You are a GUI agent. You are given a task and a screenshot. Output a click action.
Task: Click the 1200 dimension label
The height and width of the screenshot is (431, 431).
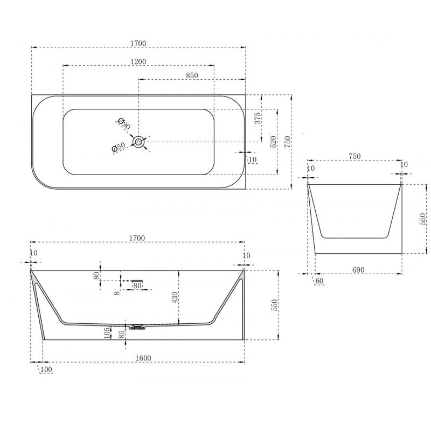click(138, 61)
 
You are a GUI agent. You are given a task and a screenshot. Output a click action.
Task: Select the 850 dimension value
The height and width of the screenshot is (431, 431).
click(192, 75)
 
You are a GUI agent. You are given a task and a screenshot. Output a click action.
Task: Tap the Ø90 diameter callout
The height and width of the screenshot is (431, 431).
click(124, 124)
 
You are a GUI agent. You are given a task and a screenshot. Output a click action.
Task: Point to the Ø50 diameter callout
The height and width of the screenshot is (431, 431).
click(119, 147)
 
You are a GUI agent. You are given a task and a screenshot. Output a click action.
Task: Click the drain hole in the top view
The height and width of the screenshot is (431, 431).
click(138, 142)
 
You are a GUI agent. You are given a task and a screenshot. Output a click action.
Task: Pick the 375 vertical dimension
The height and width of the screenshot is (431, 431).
click(258, 118)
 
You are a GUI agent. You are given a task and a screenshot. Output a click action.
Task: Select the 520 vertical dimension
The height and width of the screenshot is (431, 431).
click(274, 142)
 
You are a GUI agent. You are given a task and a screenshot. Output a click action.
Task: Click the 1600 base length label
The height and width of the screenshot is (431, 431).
click(143, 358)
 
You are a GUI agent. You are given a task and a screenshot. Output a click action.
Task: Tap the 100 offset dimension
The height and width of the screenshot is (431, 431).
click(46, 370)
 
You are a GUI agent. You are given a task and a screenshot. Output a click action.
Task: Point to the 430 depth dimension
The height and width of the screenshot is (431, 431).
click(175, 297)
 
